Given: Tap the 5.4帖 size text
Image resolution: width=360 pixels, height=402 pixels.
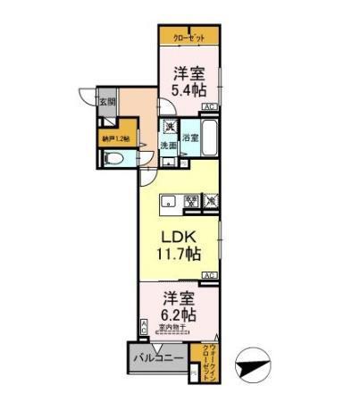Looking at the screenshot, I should (x=190, y=90).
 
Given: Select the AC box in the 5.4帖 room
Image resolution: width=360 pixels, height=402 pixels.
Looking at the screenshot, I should (x=209, y=107).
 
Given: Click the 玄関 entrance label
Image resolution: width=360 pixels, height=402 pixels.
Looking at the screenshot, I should (x=106, y=101).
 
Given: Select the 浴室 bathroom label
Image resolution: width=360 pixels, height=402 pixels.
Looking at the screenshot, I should (x=189, y=138).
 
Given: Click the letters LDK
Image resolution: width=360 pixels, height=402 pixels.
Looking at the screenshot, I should (x=179, y=237).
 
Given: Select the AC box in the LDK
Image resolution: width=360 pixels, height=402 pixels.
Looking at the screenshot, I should (x=209, y=274).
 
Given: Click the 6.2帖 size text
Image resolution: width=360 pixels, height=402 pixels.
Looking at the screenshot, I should (x=179, y=315).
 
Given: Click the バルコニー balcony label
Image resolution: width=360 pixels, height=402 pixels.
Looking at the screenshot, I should (x=161, y=359).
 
